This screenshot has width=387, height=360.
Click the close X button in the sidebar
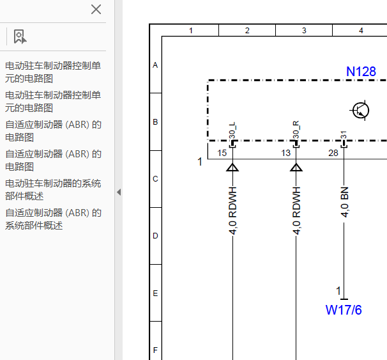(96, 10)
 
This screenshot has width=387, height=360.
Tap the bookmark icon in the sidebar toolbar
(20, 37)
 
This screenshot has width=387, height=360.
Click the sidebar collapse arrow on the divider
(119, 192)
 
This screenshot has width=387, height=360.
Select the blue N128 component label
(361, 72)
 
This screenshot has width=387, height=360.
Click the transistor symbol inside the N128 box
(360, 111)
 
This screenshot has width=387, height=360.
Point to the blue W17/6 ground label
(344, 310)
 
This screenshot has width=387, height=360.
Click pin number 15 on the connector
(222, 153)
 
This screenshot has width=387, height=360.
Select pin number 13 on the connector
(286, 153)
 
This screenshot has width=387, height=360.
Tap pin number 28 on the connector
(333, 153)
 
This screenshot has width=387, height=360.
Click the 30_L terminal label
(232, 130)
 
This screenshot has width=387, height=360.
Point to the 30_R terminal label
(296, 130)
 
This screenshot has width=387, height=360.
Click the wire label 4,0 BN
(344, 202)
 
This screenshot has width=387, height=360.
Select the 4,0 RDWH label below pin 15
(232, 210)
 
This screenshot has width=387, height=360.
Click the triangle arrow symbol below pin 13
(296, 168)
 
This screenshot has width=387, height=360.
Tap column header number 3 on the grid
(304, 31)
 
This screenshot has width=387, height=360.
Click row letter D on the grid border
(155, 236)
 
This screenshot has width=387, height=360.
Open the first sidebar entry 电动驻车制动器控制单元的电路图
(53, 72)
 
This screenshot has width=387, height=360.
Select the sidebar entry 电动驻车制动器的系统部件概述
(53, 190)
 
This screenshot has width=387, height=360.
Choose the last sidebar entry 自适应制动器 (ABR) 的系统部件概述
(53, 219)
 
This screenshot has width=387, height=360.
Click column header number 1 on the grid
(191, 31)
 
